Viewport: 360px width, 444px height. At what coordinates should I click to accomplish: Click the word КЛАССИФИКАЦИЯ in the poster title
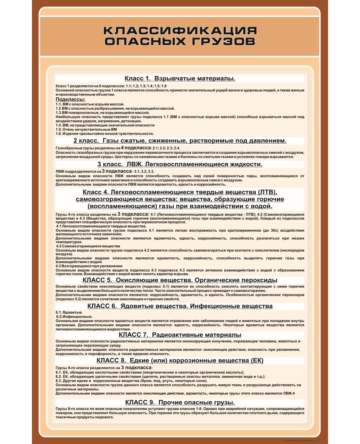coord(180,30)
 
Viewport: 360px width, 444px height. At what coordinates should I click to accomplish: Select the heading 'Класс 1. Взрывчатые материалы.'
coord(180,78)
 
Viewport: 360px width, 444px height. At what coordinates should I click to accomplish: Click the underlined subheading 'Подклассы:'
coord(70,99)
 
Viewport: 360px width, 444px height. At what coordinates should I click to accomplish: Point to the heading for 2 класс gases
coord(180,141)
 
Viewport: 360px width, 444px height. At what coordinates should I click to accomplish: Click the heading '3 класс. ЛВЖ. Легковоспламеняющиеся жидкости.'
coord(180,164)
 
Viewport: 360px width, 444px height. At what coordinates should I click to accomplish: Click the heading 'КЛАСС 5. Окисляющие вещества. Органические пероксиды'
coord(180,280)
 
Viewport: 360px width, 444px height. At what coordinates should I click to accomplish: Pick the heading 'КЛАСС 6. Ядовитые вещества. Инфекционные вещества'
coord(180,306)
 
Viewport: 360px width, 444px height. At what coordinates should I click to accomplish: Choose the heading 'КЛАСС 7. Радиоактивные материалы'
coord(180,335)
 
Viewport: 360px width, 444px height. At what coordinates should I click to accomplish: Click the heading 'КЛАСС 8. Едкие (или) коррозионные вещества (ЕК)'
coord(180,361)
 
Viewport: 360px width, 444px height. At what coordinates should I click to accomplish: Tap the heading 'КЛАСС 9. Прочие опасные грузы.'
coord(180,402)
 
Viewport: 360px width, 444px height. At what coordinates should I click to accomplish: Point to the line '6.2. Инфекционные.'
coord(74,316)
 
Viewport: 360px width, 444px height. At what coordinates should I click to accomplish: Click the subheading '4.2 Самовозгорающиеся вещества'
coord(88,246)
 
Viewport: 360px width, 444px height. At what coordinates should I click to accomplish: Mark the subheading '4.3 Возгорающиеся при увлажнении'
coord(89,266)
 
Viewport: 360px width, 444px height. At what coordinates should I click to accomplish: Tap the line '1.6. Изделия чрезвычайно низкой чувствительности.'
coord(104,134)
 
